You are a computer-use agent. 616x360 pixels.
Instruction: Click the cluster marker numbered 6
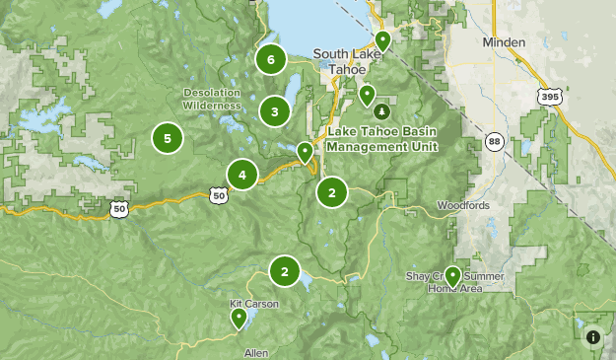click(270, 59)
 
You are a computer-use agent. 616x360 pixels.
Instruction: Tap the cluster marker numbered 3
click(274, 111)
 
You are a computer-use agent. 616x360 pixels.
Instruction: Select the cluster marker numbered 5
click(168, 139)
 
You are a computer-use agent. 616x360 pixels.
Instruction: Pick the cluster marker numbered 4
click(241, 176)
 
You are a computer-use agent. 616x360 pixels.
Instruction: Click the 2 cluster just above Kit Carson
click(285, 270)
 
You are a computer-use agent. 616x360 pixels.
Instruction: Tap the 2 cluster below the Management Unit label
click(332, 192)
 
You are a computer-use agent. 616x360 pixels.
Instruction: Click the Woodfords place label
click(462, 206)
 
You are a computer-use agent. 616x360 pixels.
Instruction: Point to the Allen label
click(255, 352)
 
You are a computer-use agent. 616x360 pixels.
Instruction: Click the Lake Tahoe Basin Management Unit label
click(382, 139)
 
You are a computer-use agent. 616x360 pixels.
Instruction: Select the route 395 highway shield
click(549, 96)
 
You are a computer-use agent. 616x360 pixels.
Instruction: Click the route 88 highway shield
click(494, 143)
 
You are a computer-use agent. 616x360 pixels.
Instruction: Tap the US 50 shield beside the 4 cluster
click(218, 195)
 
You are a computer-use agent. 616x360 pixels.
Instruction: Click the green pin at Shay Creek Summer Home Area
click(452, 275)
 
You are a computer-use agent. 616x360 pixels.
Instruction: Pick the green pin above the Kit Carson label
click(239, 319)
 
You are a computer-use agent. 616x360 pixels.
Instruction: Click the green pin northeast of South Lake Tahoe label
click(381, 40)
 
